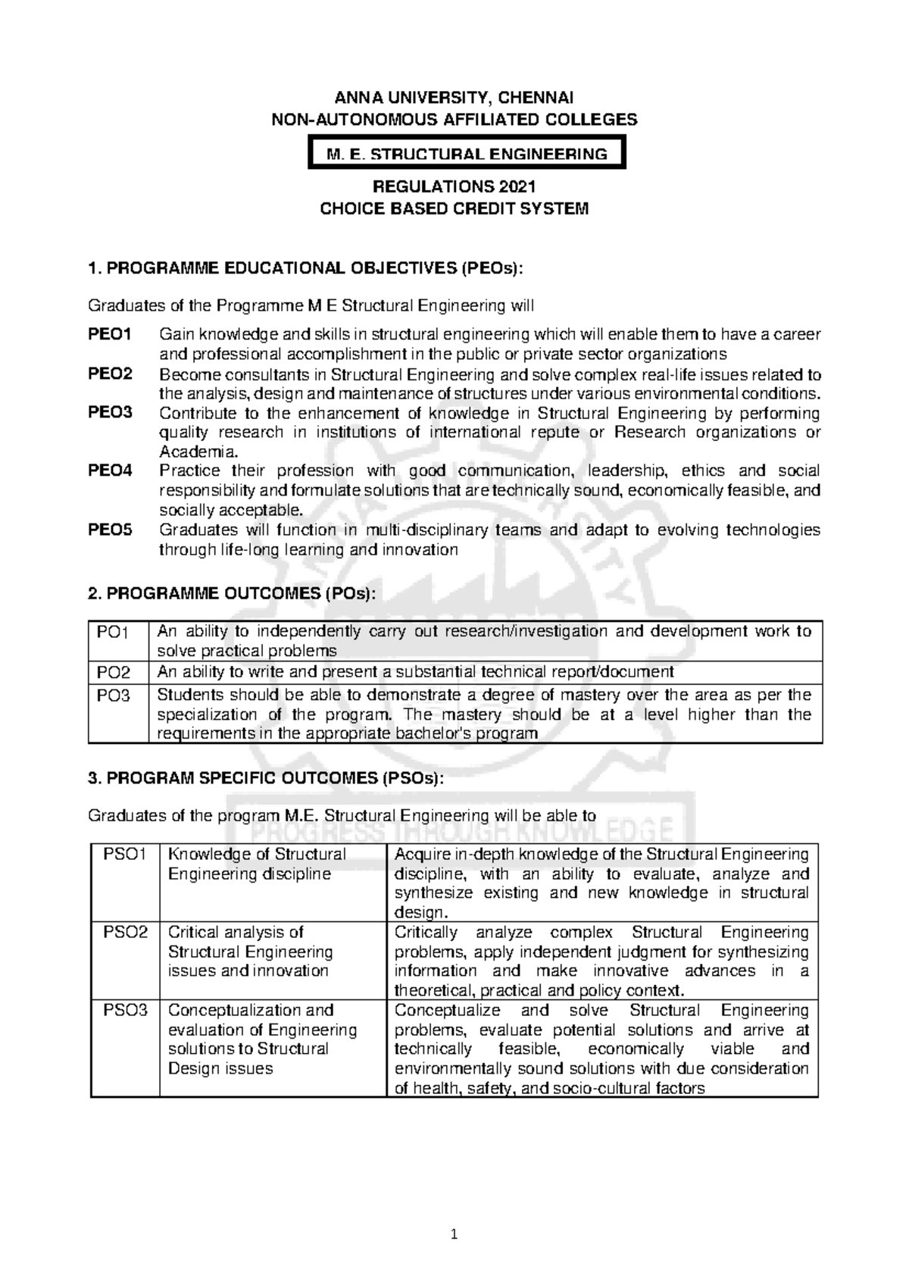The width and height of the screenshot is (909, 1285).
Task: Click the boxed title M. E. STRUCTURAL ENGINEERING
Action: click(467, 155)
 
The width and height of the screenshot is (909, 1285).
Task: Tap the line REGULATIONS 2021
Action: click(454, 187)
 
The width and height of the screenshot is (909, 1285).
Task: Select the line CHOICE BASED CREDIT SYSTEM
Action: click(454, 208)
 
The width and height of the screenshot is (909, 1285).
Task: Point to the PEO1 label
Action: click(110, 335)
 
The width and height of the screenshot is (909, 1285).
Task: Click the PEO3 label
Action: click(110, 413)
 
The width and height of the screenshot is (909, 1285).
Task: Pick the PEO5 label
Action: click(110, 530)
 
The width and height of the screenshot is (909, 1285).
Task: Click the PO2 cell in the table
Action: click(114, 672)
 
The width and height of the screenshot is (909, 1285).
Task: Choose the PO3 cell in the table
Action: click(114, 696)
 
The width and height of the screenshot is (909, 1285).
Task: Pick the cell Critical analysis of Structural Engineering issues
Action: click(250, 952)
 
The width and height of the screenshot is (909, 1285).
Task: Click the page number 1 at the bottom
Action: click(454, 1236)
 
